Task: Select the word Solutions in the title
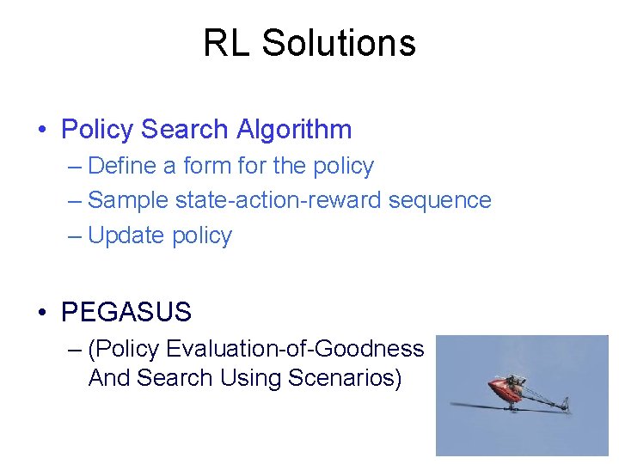tap(339, 43)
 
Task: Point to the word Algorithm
tap(295, 130)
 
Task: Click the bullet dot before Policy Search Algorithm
tap(42, 131)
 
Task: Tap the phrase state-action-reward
tap(279, 200)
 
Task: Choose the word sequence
tap(440, 200)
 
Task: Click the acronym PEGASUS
tap(126, 312)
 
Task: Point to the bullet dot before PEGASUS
tap(42, 313)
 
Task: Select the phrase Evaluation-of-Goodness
tap(295, 348)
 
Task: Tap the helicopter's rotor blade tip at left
tap(456, 405)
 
